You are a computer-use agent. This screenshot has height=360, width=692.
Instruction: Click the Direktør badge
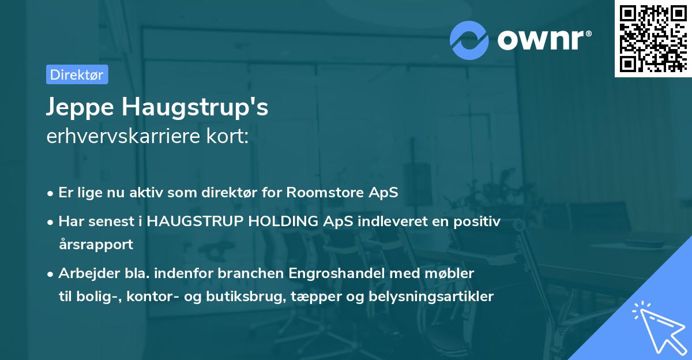click(77, 74)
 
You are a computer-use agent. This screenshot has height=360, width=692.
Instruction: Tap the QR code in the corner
click(653, 38)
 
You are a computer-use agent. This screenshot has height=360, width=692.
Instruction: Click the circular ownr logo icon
click(469, 40)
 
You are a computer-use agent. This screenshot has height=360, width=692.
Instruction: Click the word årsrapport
click(96, 244)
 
